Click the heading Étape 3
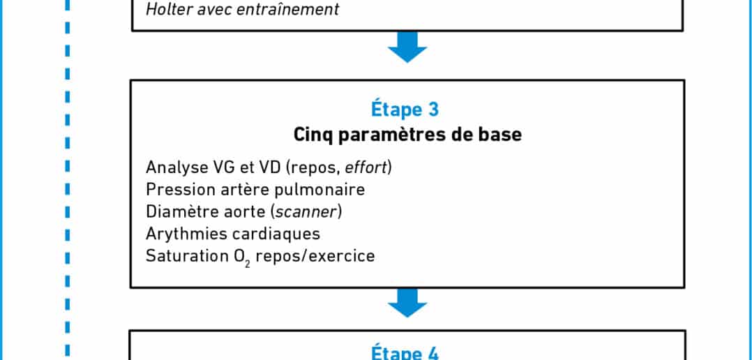tap(405, 109)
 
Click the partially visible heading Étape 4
tap(405, 353)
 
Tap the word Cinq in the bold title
tap(313, 135)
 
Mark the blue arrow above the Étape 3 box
tap(407, 47)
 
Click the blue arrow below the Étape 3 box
tap(407, 303)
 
